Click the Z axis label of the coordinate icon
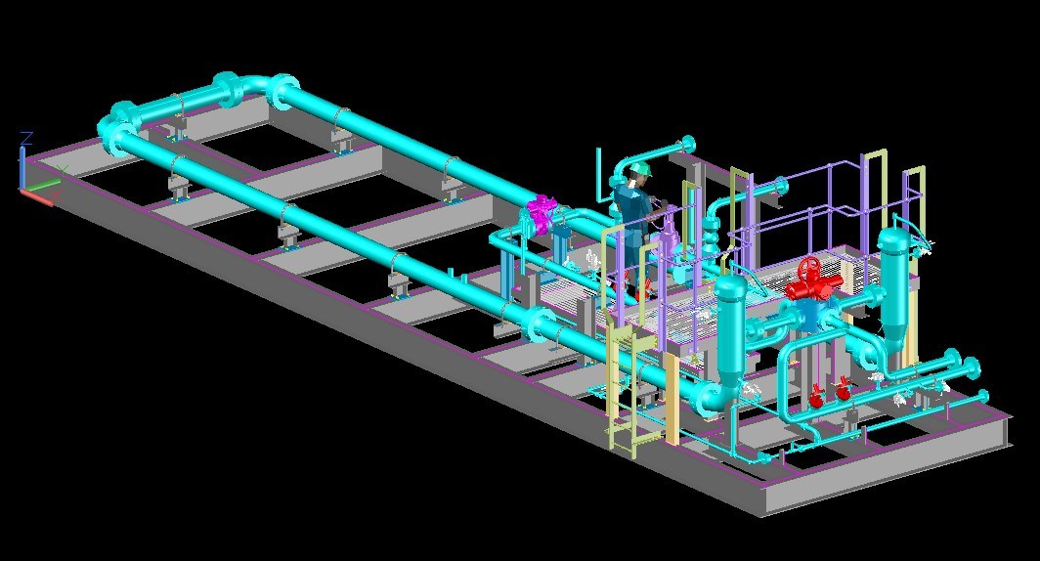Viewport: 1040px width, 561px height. click(x=27, y=138)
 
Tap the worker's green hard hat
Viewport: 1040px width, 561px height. click(x=640, y=170)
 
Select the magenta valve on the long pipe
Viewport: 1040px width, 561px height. click(x=541, y=213)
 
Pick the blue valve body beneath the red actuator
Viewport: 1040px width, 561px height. click(x=810, y=310)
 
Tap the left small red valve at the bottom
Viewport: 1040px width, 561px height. click(x=816, y=398)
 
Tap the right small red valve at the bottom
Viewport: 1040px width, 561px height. click(x=842, y=393)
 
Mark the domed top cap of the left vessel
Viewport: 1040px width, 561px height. click(x=730, y=285)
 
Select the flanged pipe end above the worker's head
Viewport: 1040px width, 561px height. click(x=687, y=145)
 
